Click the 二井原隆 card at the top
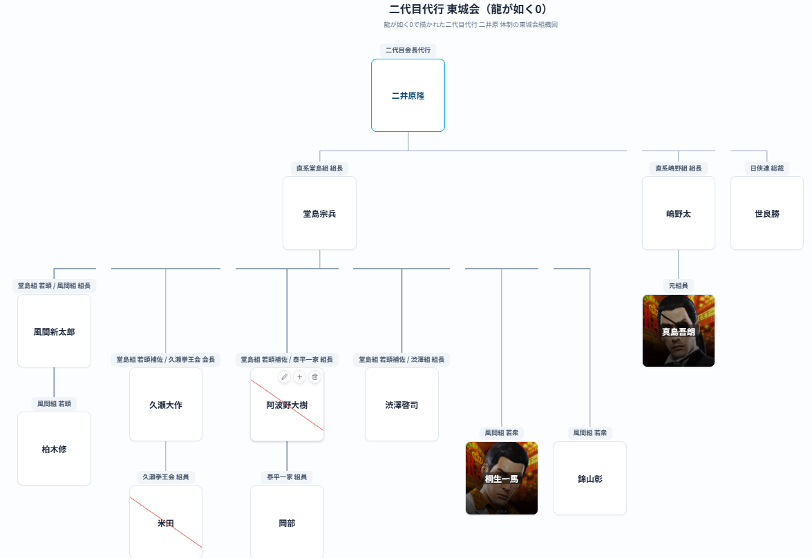pyautogui.click(x=408, y=95)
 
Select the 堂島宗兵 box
pyautogui.click(x=319, y=213)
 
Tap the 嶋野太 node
pyautogui.click(x=678, y=213)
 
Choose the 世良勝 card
pyautogui.click(x=766, y=213)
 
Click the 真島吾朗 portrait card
pyautogui.click(x=678, y=331)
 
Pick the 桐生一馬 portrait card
pyautogui.click(x=501, y=478)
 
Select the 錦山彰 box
pyautogui.click(x=589, y=478)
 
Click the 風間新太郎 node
pyautogui.click(x=54, y=331)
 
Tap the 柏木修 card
pyautogui.click(x=54, y=449)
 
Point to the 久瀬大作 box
pyautogui.click(x=165, y=405)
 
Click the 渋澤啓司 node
pyautogui.click(x=402, y=405)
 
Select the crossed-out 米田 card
pyautogui.click(x=165, y=522)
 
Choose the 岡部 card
pyautogui.click(x=287, y=522)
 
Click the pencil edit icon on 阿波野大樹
pyautogui.click(x=284, y=376)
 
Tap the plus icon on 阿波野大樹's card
pyautogui.click(x=299, y=376)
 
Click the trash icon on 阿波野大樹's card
pyautogui.click(x=314, y=376)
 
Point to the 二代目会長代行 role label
pyautogui.click(x=408, y=50)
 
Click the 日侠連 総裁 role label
pyautogui.click(x=766, y=168)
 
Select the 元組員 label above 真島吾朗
pyautogui.click(x=678, y=285)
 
